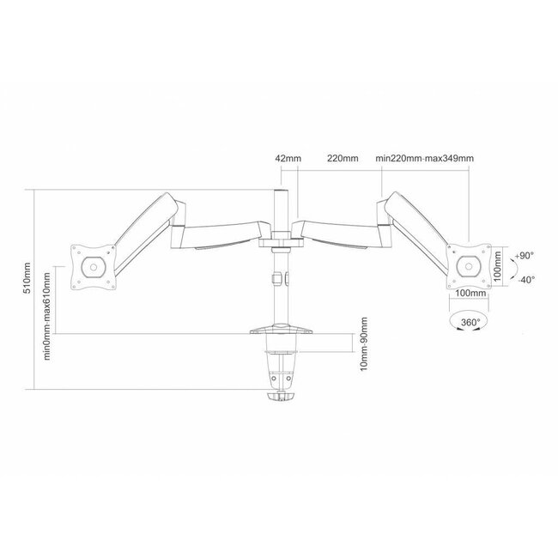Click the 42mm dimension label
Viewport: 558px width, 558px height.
click(285, 159)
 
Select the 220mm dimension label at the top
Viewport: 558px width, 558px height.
click(343, 159)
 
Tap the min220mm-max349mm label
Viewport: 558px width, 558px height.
click(425, 159)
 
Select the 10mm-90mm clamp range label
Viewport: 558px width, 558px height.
click(365, 344)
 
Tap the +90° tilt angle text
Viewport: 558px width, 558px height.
click(525, 255)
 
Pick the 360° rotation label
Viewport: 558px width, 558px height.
click(470, 323)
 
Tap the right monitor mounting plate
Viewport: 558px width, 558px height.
click(469, 266)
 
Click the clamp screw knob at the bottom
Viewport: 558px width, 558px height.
click(279, 397)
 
